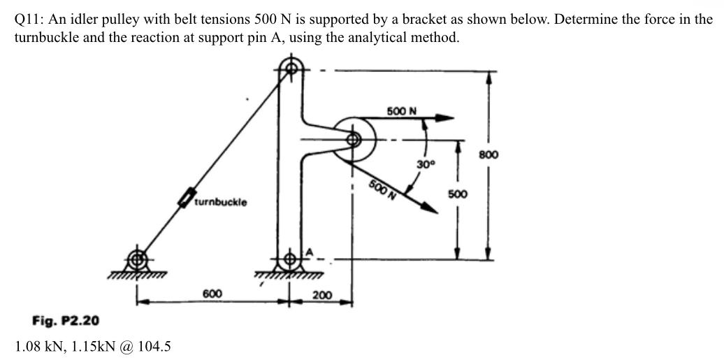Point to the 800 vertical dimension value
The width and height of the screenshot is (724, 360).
(x=489, y=155)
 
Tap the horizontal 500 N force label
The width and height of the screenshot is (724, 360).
(x=401, y=111)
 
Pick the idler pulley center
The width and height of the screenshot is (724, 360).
(x=354, y=138)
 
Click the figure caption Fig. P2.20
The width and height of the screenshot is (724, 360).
(x=66, y=321)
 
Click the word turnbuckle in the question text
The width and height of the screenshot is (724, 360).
(x=45, y=37)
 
